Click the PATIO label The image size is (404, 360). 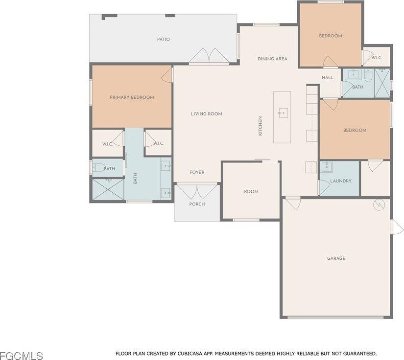[164, 39]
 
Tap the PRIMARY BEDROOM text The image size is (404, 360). [132, 97]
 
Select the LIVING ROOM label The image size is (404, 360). [207, 114]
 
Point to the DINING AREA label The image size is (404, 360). [272, 59]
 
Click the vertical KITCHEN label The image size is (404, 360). [261, 126]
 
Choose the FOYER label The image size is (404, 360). [197, 172]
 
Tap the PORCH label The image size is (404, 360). [197, 204]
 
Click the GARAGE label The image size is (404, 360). [336, 258]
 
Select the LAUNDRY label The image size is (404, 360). [341, 181]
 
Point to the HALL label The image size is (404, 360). [328, 77]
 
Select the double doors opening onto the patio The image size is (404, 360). [209, 56]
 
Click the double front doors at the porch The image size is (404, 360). [197, 191]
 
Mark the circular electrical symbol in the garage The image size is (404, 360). [378, 205]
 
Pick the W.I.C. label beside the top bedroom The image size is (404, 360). [377, 58]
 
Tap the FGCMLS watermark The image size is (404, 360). [22, 355]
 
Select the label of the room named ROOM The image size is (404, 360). [251, 192]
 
